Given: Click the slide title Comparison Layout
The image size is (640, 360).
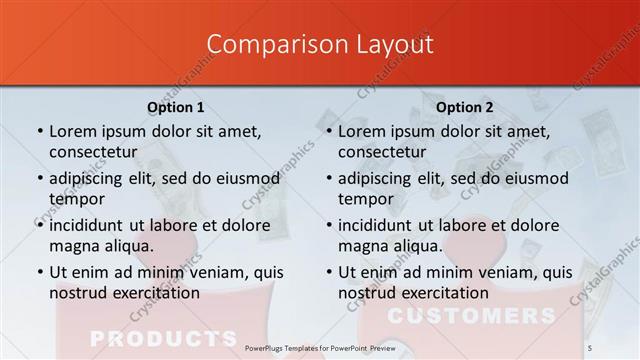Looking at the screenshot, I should coord(320,44).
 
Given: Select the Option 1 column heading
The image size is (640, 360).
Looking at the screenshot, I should coord(176,107).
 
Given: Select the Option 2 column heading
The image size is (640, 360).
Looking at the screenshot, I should coord(465,107).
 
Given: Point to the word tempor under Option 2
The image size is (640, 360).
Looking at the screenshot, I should coord(363,199).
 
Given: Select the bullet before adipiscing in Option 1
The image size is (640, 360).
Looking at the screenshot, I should coord(39,179).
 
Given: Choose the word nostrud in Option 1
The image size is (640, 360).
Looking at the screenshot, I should coord(76,293).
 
